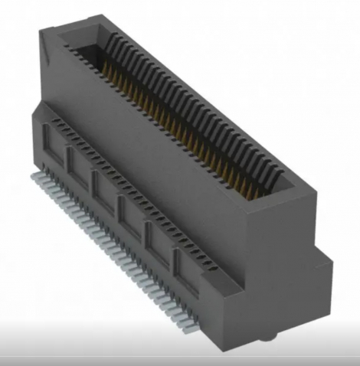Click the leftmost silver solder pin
(34, 178)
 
